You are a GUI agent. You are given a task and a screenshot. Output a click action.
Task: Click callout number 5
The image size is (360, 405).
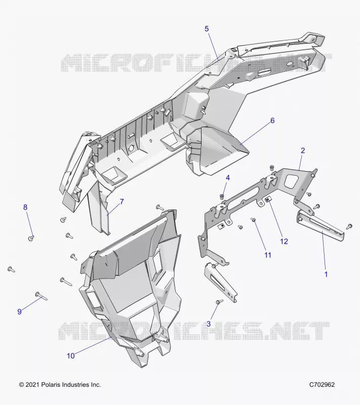pyautogui.click(x=207, y=29)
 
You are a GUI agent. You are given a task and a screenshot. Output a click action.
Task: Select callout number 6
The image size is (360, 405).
pyautogui.click(x=272, y=120)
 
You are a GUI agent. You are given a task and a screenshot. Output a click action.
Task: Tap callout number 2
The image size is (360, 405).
pyautogui.click(x=303, y=150)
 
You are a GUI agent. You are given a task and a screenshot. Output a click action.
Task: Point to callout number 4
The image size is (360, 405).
pyautogui.click(x=228, y=178)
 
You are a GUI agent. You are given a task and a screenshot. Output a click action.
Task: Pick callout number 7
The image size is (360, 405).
pyautogui.click(x=122, y=201)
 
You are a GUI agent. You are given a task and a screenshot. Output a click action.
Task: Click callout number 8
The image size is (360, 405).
pyautogui.click(x=25, y=207)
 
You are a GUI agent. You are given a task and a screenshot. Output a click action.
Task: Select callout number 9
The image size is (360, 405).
pyautogui.click(x=19, y=312)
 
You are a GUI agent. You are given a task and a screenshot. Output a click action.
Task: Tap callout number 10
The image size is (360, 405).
pyautogui.click(x=71, y=356)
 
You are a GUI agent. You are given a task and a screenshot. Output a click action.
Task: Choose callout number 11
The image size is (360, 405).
pyautogui.click(x=268, y=255)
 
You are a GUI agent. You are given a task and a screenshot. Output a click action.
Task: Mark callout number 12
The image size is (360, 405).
pyautogui.click(x=284, y=241)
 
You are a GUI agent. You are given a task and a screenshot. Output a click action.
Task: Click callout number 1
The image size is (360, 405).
pyautogui.click(x=326, y=274)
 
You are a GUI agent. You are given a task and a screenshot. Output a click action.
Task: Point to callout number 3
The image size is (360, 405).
pyautogui.click(x=209, y=324)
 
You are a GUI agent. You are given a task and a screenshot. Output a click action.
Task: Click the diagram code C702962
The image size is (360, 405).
pyautogui.click(x=322, y=385)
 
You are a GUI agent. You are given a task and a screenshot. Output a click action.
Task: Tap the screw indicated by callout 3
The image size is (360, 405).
pyautogui.click(x=219, y=301)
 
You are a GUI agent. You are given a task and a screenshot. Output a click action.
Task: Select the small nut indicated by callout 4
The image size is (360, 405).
pyautogui.click(x=222, y=197)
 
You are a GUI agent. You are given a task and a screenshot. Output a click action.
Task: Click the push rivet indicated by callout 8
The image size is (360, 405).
pyautogui.click(x=31, y=238)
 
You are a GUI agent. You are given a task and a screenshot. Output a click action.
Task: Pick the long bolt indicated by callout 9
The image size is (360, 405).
pyautogui.click(x=42, y=296)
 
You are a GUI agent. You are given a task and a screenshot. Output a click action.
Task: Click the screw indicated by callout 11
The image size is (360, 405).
pyautogui.click(x=253, y=220)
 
